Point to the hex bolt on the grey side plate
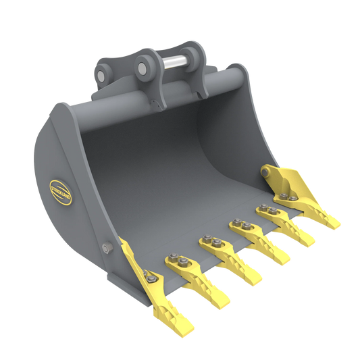(105, 249)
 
